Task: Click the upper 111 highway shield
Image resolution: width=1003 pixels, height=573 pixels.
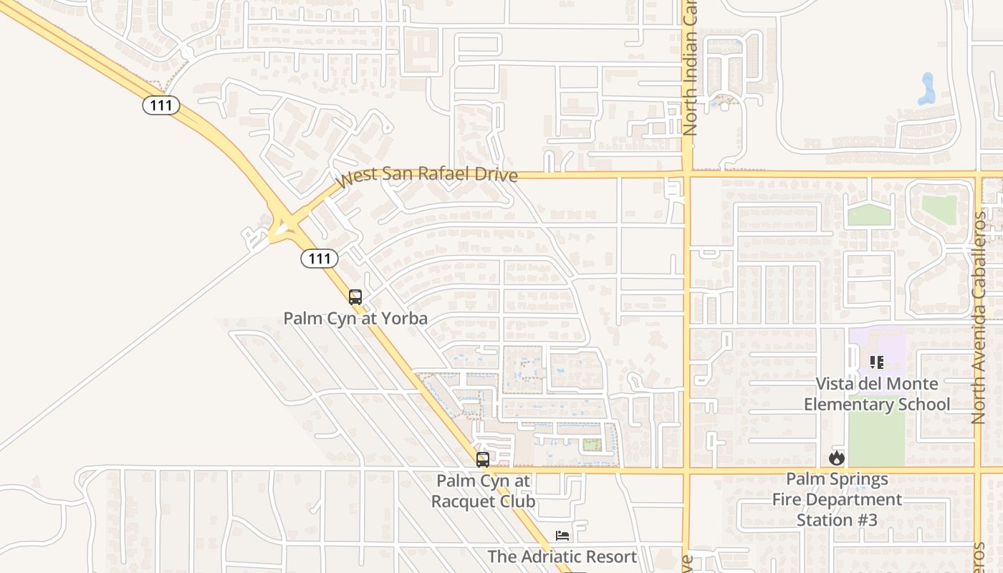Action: pos(160,105)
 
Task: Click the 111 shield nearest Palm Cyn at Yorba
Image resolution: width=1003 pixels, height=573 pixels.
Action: pos(319,258)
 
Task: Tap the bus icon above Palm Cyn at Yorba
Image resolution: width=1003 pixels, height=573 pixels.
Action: pos(355,297)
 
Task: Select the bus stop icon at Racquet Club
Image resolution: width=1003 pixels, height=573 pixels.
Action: pos(483,460)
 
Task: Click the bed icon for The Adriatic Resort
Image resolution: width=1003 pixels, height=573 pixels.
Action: pos(562,536)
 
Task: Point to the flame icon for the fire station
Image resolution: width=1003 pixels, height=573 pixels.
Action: pos(836,458)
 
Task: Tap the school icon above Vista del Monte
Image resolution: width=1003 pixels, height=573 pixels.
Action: pos(877,362)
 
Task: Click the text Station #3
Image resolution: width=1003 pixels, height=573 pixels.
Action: pos(837,519)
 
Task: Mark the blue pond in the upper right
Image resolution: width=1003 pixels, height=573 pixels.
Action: pos(927,89)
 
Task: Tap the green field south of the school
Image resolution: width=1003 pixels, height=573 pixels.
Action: pos(875,430)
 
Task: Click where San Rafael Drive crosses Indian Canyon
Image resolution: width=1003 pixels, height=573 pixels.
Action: pos(687,174)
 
